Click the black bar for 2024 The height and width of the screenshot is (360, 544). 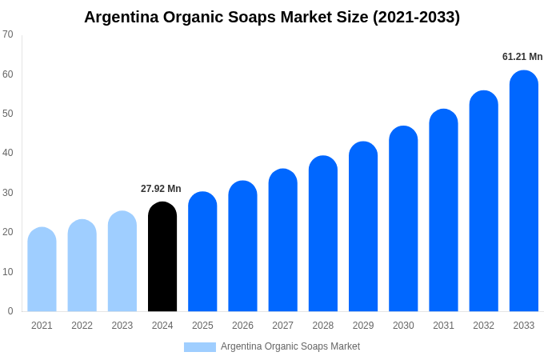click(x=162, y=257)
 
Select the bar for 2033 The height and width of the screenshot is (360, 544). click(x=523, y=191)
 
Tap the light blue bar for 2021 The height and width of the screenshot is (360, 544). click(x=42, y=270)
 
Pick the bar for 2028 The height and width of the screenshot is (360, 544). click(x=322, y=234)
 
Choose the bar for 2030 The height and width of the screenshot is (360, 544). click(x=403, y=219)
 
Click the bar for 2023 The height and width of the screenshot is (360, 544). click(x=122, y=262)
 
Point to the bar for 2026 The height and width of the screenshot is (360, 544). click(x=242, y=246)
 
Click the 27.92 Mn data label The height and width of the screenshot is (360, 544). click(x=161, y=189)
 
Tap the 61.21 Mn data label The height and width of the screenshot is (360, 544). click(x=522, y=57)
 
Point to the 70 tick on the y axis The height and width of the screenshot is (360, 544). click(x=8, y=34)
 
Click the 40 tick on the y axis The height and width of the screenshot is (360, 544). click(x=8, y=153)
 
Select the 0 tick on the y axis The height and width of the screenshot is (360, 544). click(x=10, y=311)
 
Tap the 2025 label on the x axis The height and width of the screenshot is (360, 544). click(x=202, y=326)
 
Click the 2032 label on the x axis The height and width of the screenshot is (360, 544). click(x=483, y=326)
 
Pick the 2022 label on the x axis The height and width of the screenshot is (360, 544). click(x=82, y=326)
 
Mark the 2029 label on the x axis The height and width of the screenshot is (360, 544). click(x=363, y=326)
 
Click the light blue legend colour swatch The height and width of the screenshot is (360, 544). click(x=199, y=347)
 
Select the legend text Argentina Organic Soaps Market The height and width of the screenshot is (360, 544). click(x=290, y=346)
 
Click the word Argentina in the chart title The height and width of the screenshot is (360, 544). click(x=122, y=17)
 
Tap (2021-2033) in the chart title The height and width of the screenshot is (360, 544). click(x=416, y=17)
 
